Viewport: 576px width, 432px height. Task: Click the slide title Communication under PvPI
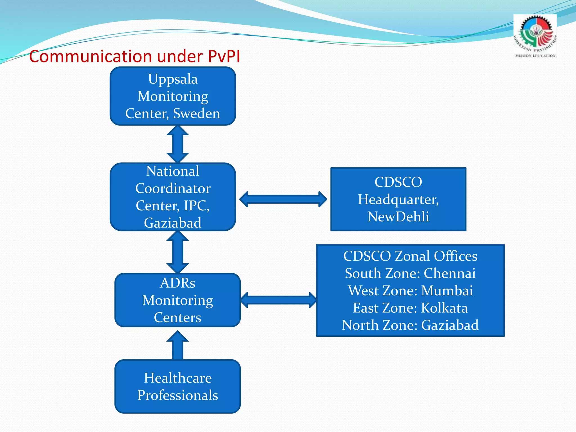[134, 56]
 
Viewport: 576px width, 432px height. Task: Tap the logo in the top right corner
[535, 37]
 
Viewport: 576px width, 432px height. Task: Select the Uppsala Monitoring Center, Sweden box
[173, 96]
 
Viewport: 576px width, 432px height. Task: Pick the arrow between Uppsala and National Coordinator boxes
[177, 144]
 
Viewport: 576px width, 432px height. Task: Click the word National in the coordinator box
[173, 171]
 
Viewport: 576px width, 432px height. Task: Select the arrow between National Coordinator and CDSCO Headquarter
[283, 199]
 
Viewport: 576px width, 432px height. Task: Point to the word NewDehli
[398, 217]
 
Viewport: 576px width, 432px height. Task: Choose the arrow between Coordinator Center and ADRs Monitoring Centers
[177, 252]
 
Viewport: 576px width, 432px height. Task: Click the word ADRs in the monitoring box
[177, 283]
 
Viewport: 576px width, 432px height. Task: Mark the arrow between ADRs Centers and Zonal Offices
[278, 300]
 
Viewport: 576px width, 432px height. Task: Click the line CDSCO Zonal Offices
[410, 256]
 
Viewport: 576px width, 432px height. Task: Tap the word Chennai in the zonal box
[449, 273]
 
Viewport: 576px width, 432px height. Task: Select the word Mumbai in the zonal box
[447, 291]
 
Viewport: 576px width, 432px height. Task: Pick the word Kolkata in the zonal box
[444, 308]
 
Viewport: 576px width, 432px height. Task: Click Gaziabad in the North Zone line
[450, 325]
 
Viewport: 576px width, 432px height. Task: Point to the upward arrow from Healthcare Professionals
[177, 345]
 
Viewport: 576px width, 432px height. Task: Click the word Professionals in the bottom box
[177, 395]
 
